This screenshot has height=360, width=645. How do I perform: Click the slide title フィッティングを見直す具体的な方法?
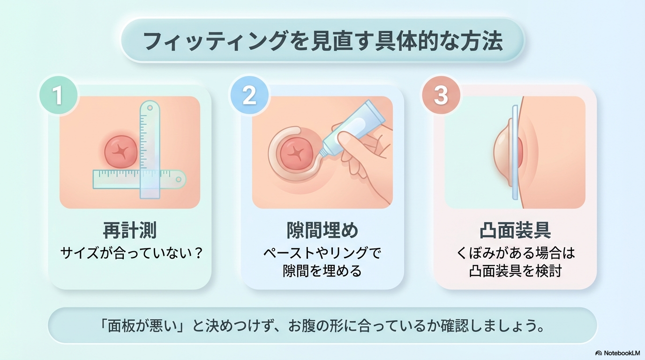click(322, 41)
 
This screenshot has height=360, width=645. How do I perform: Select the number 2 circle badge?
click(249, 95)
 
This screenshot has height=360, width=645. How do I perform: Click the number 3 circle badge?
click(441, 95)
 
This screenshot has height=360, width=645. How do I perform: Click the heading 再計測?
click(129, 231)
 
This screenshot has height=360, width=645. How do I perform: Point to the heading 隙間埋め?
click(322, 231)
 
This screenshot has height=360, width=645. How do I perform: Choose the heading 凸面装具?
click(515, 231)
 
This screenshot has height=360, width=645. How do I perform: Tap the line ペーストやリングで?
click(322, 254)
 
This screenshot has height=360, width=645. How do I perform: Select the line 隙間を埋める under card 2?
click(322, 271)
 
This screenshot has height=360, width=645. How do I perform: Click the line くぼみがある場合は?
click(515, 254)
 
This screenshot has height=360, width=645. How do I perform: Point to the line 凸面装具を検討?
click(515, 271)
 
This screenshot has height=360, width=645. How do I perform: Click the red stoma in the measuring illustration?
click(119, 152)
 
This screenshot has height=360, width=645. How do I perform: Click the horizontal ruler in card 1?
click(122, 179)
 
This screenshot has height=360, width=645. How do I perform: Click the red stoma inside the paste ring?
click(296, 153)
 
